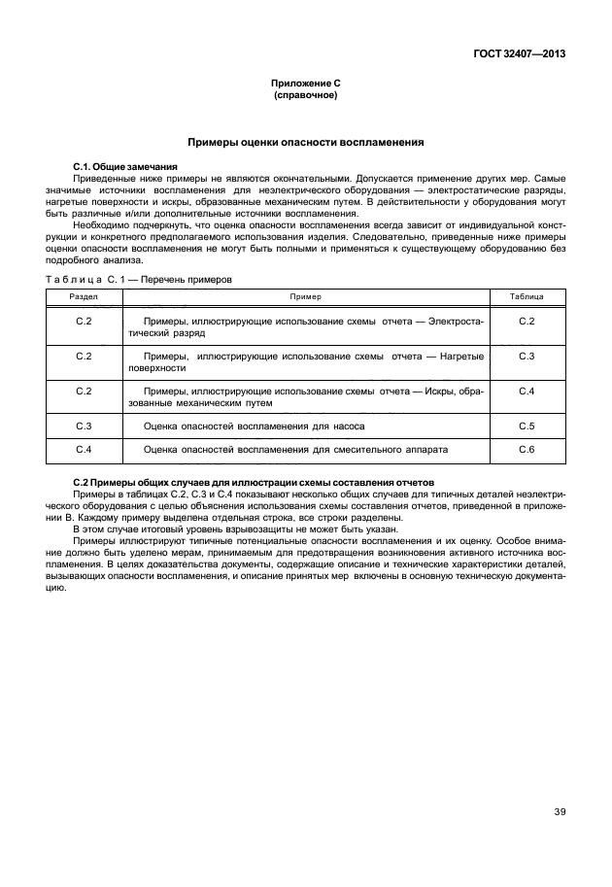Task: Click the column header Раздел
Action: (84, 295)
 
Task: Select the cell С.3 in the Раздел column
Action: (84, 426)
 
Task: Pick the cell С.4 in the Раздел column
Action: (84, 450)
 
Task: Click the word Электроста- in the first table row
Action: (456, 320)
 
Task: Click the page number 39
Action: (560, 813)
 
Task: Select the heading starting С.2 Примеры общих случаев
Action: (254, 483)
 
